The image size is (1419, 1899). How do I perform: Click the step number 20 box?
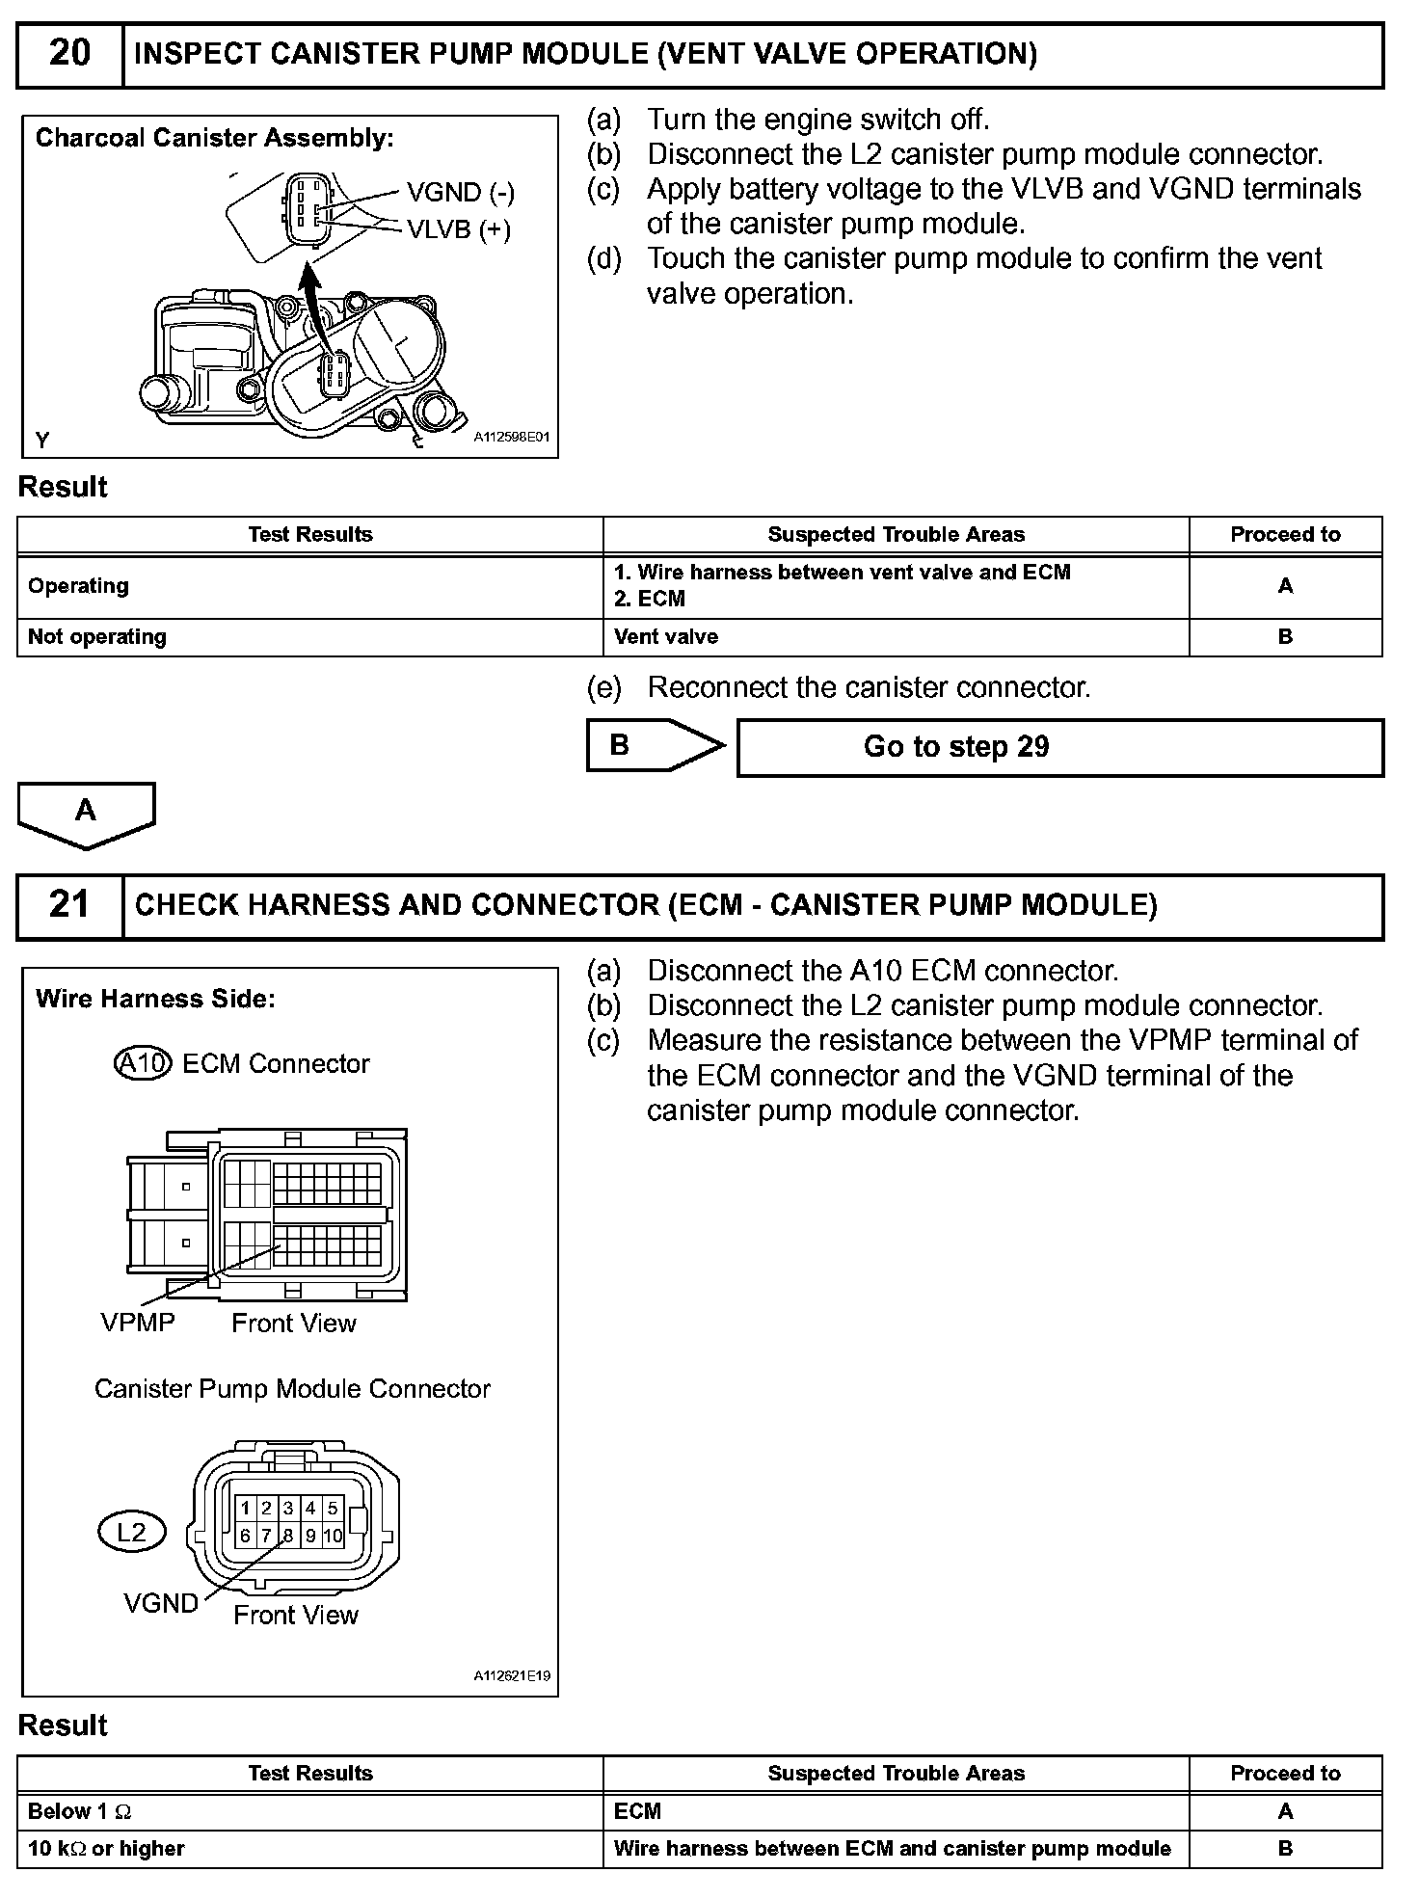coord(70,53)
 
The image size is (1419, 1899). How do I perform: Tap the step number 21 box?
coord(70,904)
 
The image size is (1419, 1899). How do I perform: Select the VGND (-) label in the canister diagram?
coord(460,193)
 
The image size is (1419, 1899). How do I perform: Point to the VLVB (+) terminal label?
coord(458,229)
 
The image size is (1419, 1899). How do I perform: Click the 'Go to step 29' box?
coord(1058,747)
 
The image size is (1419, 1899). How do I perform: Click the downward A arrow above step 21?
coord(86,814)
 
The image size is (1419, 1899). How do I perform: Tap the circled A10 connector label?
coord(143,1063)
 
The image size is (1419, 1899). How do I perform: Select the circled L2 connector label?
coord(132,1532)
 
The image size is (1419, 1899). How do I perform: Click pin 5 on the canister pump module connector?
coord(332,1509)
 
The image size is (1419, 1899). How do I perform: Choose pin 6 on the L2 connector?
coord(245,1536)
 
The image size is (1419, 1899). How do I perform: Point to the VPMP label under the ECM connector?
coord(138,1322)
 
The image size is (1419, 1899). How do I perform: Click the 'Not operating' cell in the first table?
coord(97,637)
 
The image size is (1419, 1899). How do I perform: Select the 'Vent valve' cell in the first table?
coord(666,637)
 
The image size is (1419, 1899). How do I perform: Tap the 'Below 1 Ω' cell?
coord(80,1811)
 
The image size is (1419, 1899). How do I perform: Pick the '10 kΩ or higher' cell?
coord(106,1848)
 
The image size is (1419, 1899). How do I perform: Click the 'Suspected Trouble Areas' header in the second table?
coord(896,1773)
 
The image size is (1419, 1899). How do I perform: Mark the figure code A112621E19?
coord(511,1675)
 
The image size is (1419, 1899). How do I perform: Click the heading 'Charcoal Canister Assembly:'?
coord(215,138)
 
